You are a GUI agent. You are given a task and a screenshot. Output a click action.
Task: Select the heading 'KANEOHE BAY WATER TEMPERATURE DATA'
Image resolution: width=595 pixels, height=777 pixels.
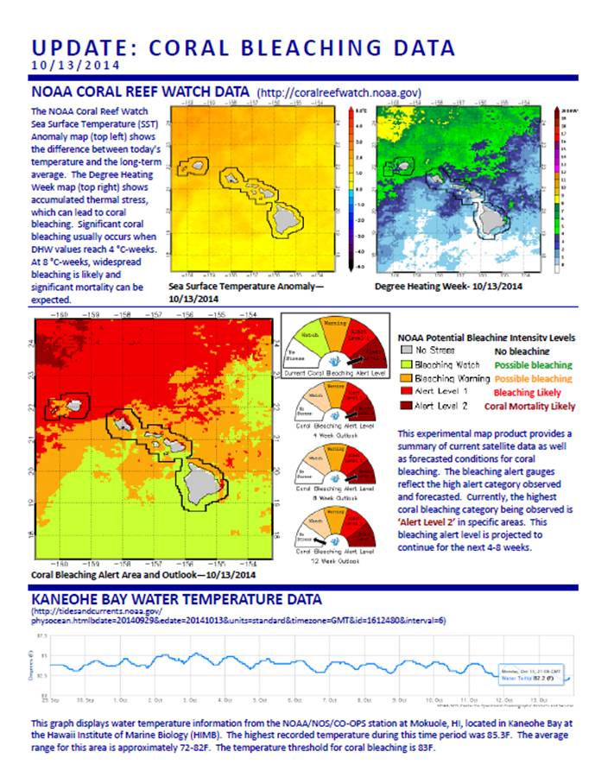pyautogui.click(x=177, y=599)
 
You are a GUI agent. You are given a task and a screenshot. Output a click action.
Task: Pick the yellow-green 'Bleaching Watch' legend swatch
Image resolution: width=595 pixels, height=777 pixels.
pyautogui.click(x=405, y=365)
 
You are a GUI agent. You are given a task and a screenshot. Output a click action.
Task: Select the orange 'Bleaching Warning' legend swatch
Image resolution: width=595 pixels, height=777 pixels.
pyautogui.click(x=405, y=378)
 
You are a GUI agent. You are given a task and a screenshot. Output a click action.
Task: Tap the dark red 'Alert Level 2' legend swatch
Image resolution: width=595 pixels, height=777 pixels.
pyautogui.click(x=405, y=405)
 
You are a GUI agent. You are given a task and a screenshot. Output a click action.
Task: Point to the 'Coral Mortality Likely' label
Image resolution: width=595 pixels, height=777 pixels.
pyautogui.click(x=529, y=406)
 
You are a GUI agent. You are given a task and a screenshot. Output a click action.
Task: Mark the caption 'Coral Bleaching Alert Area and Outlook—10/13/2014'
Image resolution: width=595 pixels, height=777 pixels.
pyautogui.click(x=142, y=574)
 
